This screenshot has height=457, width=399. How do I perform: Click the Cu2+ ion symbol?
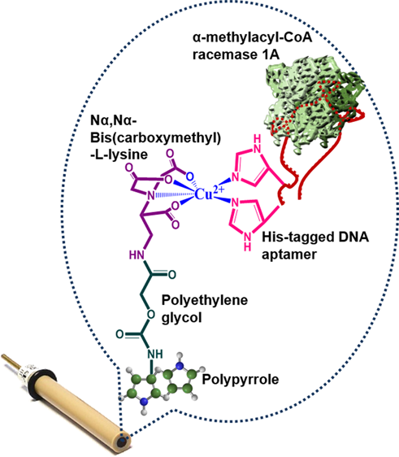209,194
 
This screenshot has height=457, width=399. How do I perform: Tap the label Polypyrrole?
241,380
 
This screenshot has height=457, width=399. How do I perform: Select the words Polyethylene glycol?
205,309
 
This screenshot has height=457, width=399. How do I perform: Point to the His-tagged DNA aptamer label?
315,246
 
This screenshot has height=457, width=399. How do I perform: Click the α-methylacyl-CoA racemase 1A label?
252,46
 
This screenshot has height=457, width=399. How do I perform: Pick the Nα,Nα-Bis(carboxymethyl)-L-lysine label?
155,137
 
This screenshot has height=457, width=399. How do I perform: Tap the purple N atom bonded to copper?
150,195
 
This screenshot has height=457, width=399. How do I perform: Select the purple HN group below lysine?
137,255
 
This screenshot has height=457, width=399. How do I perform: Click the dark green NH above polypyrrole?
155,354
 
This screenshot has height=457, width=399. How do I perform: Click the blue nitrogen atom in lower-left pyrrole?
143,402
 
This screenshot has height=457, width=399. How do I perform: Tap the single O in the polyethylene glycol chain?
150,315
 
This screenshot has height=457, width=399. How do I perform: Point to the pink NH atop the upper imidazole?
257,143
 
